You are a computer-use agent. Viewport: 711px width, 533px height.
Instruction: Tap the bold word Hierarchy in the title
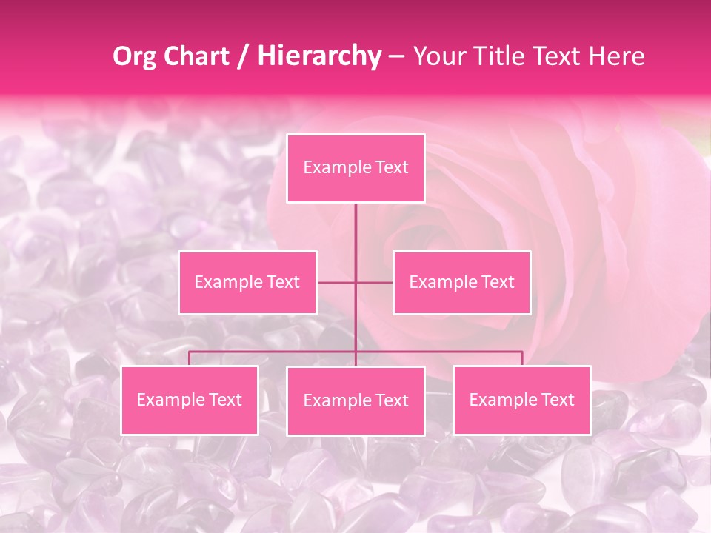319,56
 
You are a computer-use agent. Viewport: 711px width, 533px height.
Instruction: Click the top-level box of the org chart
355,168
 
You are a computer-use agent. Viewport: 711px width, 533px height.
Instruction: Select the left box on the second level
247,282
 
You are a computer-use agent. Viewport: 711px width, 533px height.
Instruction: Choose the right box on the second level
461,282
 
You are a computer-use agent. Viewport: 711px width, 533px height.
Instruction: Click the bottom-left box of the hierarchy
190,400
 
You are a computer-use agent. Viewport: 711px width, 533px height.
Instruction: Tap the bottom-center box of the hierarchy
355,400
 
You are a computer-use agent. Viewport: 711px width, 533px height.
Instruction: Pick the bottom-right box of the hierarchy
521,400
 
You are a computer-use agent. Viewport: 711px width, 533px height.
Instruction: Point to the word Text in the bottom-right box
558,400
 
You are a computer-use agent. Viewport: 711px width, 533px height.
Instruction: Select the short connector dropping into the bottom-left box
190,358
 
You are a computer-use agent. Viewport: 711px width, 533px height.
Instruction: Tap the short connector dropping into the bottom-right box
521,358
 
